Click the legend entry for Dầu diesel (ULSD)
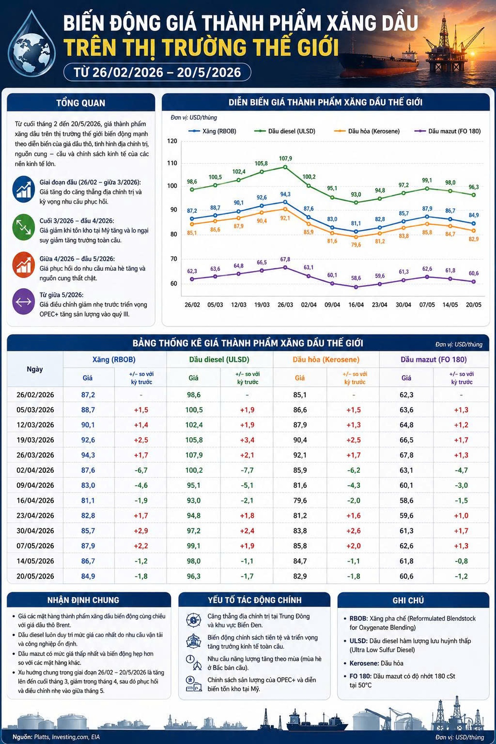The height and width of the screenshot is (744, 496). point(285,131)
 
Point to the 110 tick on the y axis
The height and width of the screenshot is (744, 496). point(172,163)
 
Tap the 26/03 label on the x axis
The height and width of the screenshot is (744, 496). point(285,305)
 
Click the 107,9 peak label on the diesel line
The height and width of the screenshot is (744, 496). point(285,158)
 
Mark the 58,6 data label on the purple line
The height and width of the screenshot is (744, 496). point(356,278)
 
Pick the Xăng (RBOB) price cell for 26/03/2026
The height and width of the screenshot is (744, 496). point(88,455)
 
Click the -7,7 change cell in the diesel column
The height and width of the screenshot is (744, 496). point(247,470)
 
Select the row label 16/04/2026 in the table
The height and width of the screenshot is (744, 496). point(35,501)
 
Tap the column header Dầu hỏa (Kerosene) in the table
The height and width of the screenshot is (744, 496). point(326,360)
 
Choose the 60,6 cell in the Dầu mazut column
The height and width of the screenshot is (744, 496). point(406,576)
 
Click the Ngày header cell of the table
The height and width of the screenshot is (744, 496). point(35,369)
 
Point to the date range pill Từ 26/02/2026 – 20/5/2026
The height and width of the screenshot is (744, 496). point(157,72)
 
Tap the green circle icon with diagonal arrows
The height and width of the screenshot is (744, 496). point(24,227)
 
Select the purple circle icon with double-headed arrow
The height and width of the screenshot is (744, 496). point(24,301)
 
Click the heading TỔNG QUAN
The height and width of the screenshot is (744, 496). point(81,103)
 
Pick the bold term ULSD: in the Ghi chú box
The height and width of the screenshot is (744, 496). point(358,641)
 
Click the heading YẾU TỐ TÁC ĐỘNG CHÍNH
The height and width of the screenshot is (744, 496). point(255,600)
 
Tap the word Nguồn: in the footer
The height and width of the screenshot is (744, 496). point(22,737)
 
